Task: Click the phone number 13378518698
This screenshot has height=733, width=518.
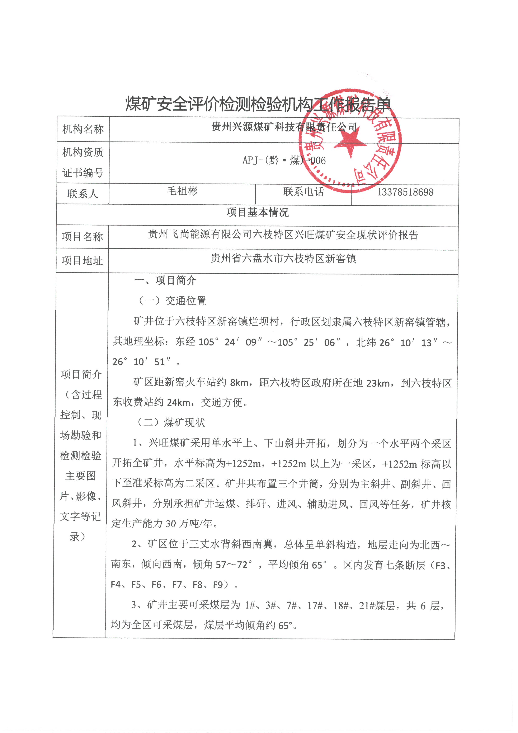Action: click(x=405, y=192)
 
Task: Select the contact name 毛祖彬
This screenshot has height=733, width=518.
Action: click(x=182, y=191)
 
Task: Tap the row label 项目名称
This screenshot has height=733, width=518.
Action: click(x=82, y=237)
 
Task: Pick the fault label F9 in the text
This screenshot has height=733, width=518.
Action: click(x=218, y=585)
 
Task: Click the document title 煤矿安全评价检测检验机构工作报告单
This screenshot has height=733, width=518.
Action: click(x=258, y=104)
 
